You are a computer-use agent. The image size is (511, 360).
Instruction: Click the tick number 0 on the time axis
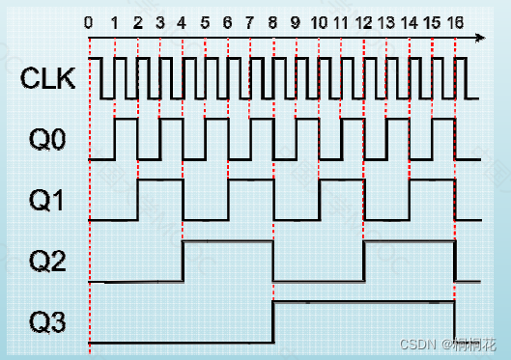click(89, 22)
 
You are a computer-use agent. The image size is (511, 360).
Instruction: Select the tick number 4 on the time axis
click(183, 22)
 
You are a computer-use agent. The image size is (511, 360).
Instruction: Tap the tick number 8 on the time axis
click(273, 22)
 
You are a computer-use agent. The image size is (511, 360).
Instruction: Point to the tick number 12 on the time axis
click(363, 22)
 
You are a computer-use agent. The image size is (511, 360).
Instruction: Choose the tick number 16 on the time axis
click(455, 22)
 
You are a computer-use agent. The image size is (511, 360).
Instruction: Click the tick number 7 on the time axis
click(250, 22)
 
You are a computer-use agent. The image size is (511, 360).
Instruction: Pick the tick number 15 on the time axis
click(432, 22)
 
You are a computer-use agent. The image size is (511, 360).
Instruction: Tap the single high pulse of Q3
click(364, 302)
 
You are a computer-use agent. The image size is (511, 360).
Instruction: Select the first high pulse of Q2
click(228, 242)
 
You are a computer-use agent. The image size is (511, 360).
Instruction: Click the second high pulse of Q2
click(410, 242)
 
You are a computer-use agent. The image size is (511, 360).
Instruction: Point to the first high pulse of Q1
click(160, 180)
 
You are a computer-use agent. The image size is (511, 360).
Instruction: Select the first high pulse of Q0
click(126, 121)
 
